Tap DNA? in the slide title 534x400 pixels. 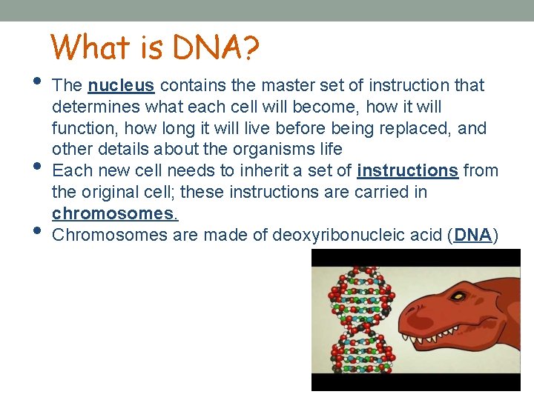(x=214, y=48)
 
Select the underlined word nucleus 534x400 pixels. (x=121, y=86)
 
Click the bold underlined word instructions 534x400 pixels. (x=407, y=170)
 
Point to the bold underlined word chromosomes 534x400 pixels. (x=114, y=213)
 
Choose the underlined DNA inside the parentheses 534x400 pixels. (x=473, y=235)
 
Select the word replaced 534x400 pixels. (x=415, y=128)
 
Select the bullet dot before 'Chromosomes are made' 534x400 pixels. (x=38, y=230)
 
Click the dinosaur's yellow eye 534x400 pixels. (x=459, y=296)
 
